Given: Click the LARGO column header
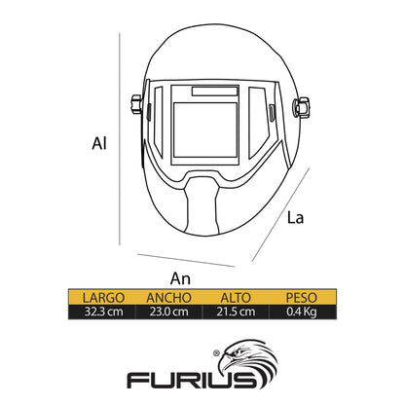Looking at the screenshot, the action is [103, 297].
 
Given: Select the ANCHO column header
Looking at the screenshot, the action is [168, 297].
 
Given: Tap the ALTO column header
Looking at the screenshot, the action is [236, 297].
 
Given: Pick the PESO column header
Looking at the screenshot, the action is [301, 297].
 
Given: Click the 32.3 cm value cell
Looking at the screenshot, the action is [104, 312].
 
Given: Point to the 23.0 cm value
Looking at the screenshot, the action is [168, 312].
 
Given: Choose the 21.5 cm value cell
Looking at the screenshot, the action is [236, 312].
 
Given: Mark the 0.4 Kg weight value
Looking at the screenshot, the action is [301, 312].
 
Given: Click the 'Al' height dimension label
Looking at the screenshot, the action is [99, 143].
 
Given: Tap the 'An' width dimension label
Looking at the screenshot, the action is [180, 278].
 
